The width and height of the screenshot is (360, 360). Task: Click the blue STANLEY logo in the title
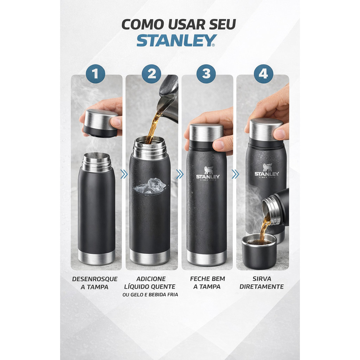pos(176,40)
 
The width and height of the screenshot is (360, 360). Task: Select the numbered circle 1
pos(95,74)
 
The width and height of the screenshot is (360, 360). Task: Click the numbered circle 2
pos(151,74)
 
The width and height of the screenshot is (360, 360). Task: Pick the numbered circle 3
pos(206,74)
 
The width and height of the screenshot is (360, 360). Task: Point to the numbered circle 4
pos(263,74)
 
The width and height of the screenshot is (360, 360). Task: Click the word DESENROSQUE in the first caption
pos(95,279)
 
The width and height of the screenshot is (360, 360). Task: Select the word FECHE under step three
pos(199,279)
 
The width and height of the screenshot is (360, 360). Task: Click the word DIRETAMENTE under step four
pos(262,287)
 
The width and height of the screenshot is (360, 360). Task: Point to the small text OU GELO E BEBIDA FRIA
pos(150,295)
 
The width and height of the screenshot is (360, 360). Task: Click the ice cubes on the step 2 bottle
pos(150,186)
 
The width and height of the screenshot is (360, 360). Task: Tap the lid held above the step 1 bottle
pos(101,123)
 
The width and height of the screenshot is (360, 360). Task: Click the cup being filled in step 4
pos(259,251)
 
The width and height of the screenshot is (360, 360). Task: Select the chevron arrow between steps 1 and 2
pos(124,174)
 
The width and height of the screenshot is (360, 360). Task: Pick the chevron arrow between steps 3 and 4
pos(235,174)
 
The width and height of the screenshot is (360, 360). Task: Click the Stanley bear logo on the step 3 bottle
pos(208,173)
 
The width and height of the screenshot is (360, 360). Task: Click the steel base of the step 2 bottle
pos(150,257)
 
